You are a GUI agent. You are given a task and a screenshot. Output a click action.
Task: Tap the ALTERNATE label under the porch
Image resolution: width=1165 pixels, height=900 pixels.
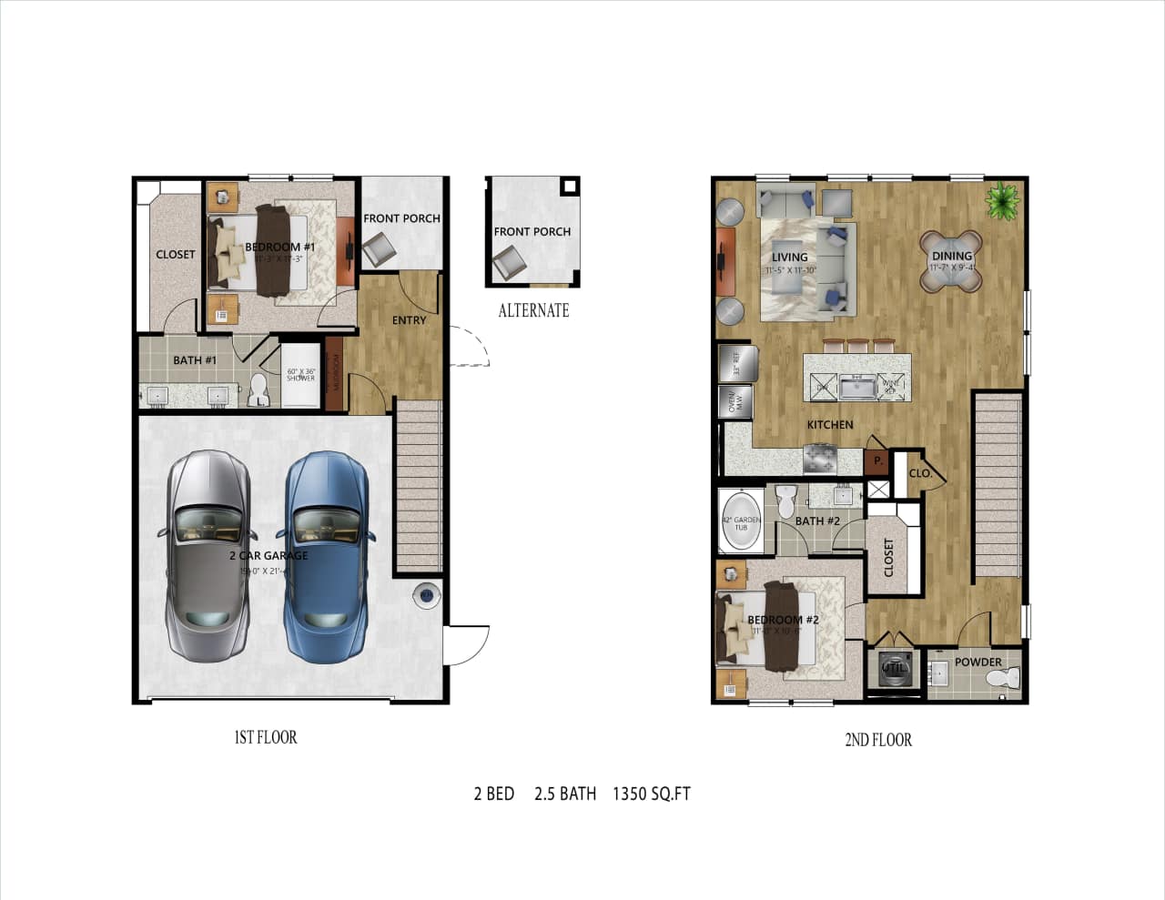click(x=533, y=310)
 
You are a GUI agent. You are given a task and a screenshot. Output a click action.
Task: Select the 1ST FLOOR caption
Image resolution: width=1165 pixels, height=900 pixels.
click(x=266, y=737)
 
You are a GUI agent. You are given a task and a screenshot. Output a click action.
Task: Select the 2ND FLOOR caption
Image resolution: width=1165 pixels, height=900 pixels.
click(x=878, y=740)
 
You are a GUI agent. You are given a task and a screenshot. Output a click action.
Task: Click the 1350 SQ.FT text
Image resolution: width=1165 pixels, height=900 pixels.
click(x=652, y=794)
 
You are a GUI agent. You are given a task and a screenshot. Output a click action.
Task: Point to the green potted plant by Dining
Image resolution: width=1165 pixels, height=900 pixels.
click(x=1002, y=200)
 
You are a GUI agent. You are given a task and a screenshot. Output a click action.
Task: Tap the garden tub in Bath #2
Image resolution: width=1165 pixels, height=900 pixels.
click(x=741, y=521)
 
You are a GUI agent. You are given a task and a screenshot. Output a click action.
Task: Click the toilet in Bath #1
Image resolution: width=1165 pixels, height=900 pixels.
click(x=258, y=390)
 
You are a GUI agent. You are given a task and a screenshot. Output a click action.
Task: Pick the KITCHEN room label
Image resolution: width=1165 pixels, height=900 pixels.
click(x=830, y=425)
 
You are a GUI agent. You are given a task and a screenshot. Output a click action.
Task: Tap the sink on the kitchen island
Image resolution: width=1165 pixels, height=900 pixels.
click(x=856, y=388)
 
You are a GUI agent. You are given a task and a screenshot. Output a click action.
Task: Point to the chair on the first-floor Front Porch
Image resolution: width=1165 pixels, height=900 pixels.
click(x=379, y=248)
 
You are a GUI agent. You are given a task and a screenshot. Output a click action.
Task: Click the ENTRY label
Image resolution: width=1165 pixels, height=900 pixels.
click(x=409, y=320)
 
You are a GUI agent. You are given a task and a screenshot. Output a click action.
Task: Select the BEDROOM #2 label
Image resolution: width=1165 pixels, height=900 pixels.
click(x=783, y=620)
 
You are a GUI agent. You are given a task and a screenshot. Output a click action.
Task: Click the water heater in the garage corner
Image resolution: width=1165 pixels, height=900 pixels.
click(x=427, y=596)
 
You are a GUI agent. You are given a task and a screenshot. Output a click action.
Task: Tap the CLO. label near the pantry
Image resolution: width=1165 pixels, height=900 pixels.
click(x=920, y=473)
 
